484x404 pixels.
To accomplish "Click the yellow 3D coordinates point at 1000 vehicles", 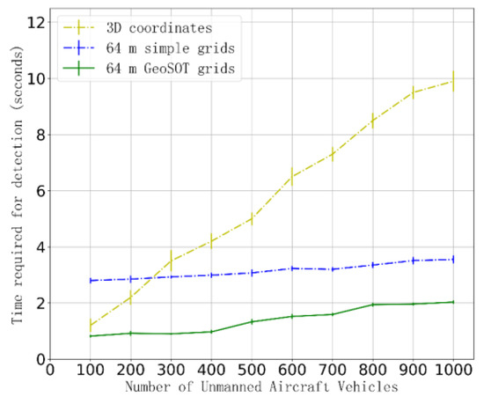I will [x=452, y=81].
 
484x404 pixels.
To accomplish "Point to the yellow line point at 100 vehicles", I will [x=91, y=324].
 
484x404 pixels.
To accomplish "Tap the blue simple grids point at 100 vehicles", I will [x=91, y=281].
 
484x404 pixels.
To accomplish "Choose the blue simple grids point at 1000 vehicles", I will [x=452, y=259].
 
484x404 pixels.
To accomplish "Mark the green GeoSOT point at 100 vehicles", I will [x=91, y=336].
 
